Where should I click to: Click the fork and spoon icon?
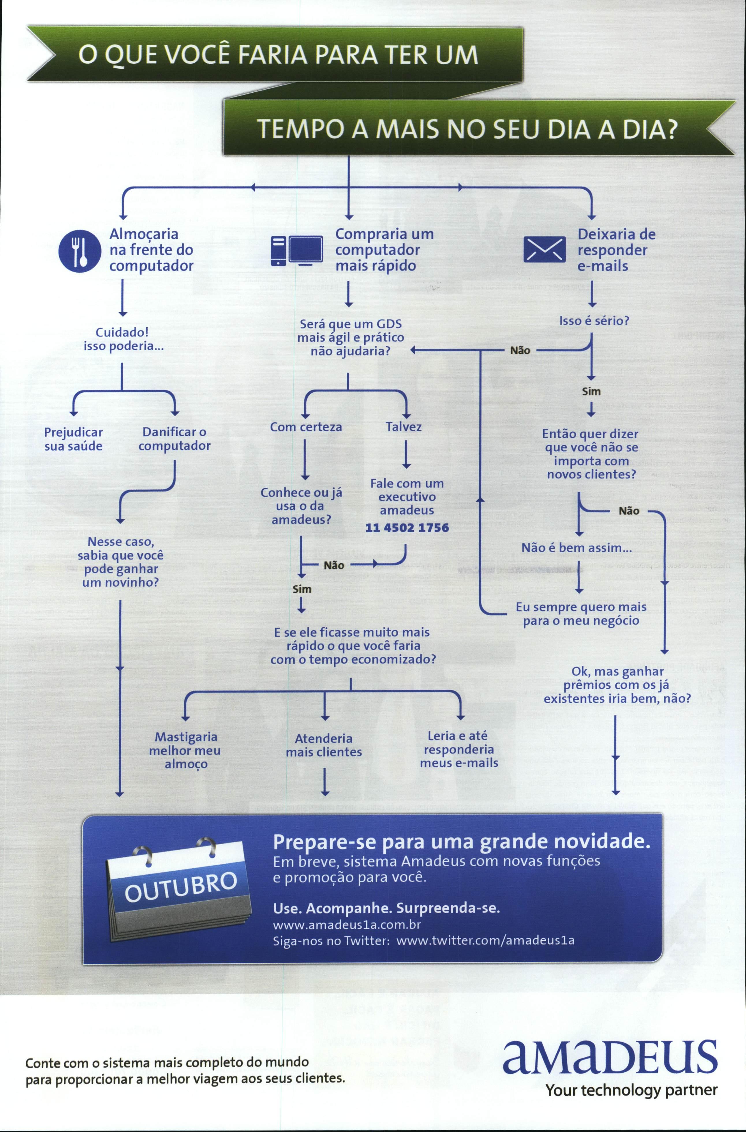point(79,251)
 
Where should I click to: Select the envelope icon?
point(544,250)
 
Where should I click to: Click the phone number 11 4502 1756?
point(407,527)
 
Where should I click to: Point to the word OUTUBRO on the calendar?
point(181,888)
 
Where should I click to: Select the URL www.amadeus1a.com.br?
point(347,925)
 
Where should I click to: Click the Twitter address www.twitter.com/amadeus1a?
point(485,940)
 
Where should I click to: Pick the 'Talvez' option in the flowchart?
point(403,427)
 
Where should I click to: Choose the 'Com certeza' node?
point(306,427)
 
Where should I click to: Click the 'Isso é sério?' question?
point(594,321)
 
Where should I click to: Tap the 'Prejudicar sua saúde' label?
point(73,439)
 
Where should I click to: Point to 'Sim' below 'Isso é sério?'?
point(591,392)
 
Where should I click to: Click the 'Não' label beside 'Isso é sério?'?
point(520,351)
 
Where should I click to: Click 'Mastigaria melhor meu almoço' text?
point(186,750)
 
